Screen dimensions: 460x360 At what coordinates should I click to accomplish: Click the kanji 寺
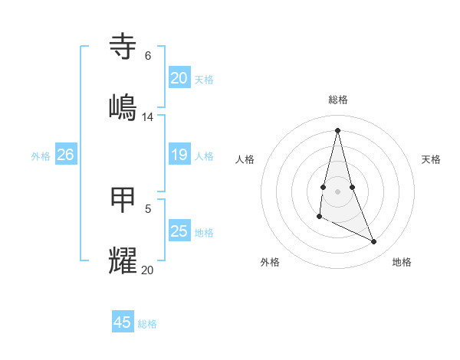123,47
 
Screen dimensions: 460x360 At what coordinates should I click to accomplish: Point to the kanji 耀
123,261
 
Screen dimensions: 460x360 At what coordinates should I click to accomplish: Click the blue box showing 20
179,78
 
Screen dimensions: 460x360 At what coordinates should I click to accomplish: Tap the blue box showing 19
179,155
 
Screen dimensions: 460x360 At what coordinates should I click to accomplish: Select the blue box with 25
179,231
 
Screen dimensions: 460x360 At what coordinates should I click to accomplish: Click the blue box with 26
65,155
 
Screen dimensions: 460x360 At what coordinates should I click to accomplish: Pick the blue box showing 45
123,322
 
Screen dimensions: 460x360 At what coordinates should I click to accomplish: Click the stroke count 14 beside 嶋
148,117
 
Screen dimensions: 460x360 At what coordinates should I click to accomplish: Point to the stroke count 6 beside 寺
147,56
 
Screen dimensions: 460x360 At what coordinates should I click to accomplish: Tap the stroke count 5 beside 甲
148,208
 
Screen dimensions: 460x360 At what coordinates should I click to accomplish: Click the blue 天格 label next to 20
204,80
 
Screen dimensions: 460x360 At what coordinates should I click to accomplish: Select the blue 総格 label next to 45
147,324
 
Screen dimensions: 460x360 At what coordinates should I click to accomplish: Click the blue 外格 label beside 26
41,156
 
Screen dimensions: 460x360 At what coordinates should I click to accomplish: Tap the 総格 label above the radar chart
337,100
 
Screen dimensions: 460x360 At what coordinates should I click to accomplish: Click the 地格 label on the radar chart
402,262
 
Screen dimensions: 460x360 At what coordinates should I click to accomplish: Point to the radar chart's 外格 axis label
270,262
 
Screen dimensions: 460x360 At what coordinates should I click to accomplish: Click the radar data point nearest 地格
374,242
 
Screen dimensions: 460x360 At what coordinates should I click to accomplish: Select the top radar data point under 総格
337,129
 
